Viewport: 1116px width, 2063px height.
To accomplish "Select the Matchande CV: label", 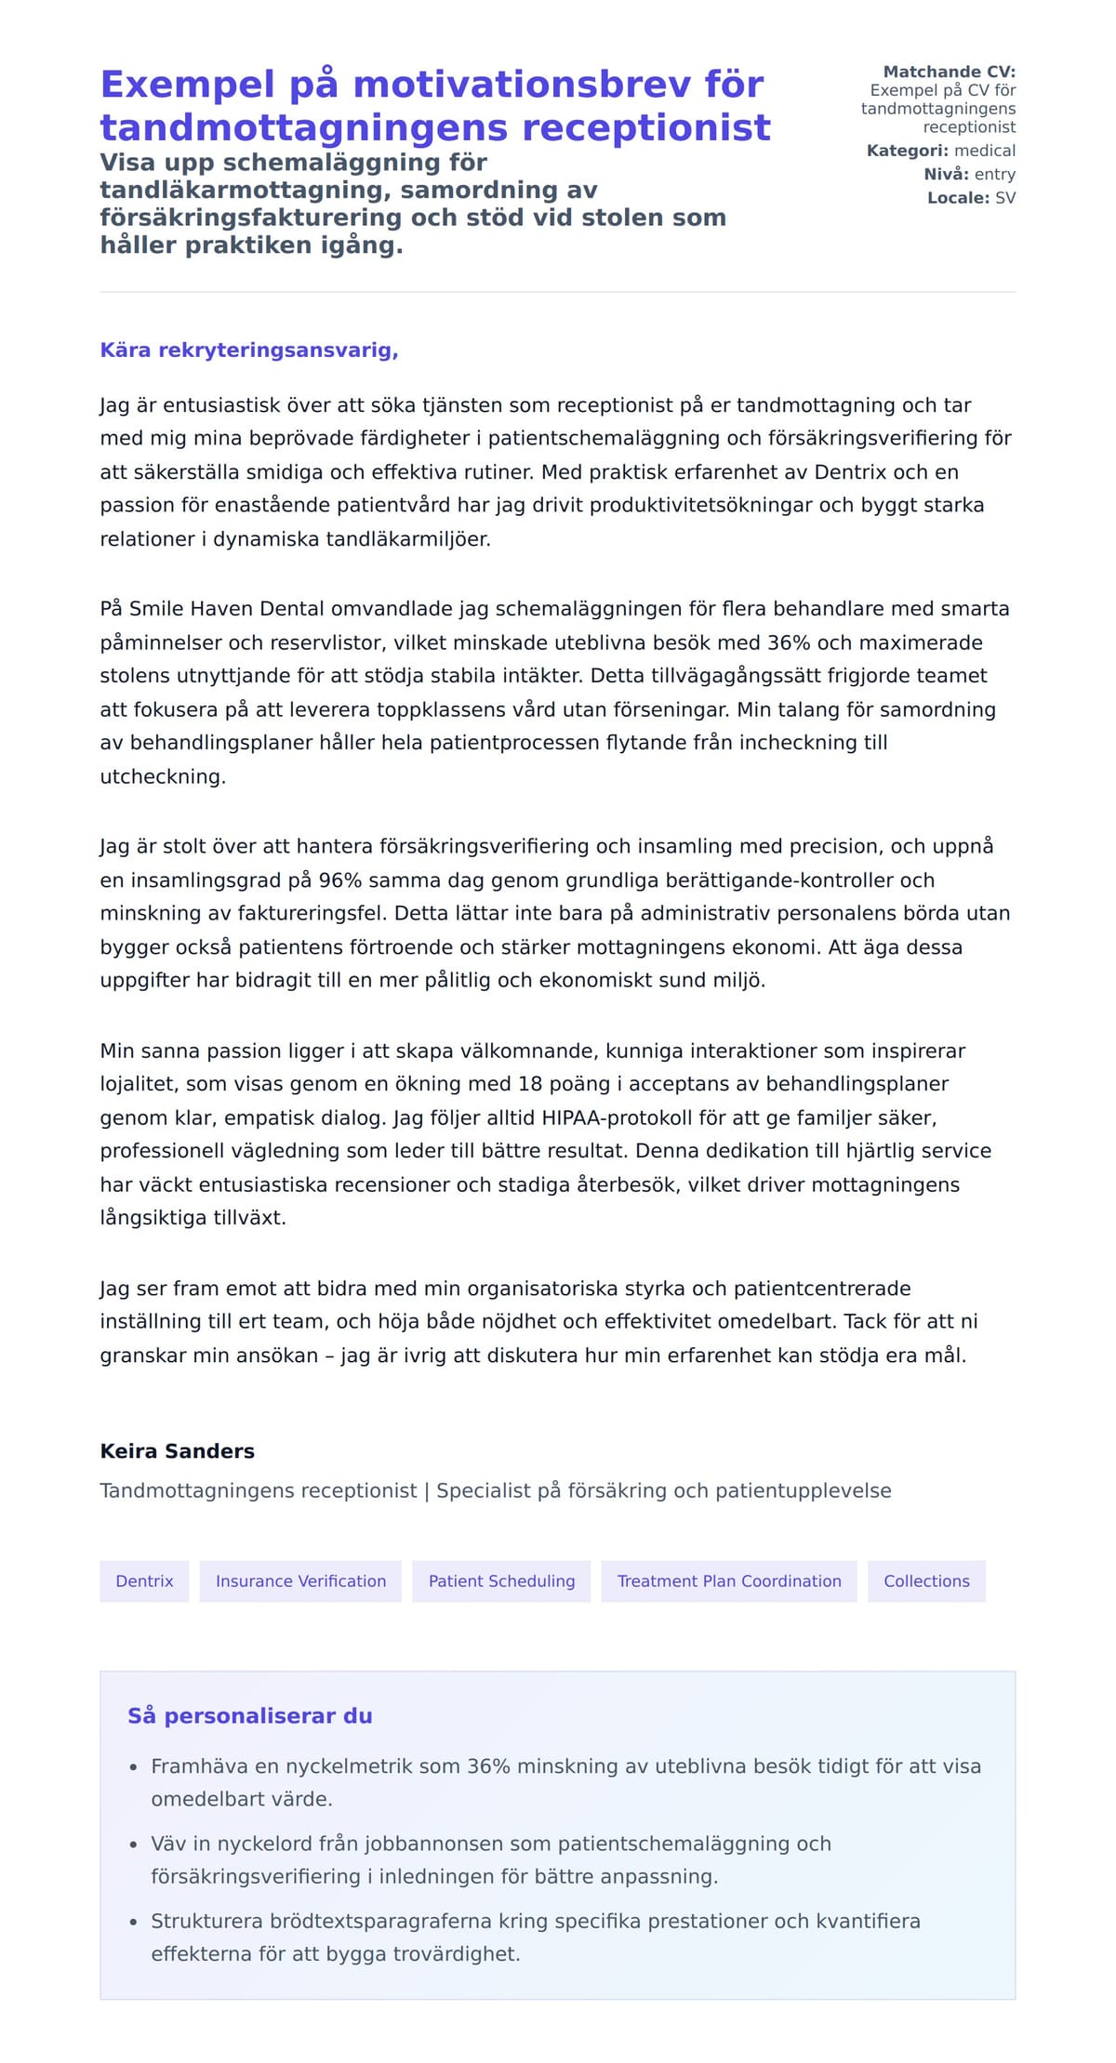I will click(x=949, y=72).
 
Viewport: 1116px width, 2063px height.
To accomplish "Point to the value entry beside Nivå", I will click(x=994, y=175).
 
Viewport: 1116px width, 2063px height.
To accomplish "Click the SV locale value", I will click(x=1004, y=198).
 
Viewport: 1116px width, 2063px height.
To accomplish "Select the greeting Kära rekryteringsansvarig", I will click(x=249, y=350).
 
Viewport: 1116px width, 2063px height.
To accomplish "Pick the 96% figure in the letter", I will click(x=339, y=880).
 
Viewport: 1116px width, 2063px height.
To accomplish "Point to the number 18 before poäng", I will click(x=530, y=1084).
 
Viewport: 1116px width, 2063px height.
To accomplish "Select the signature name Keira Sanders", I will click(x=177, y=1451).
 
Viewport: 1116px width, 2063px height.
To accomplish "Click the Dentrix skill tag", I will click(x=144, y=1581).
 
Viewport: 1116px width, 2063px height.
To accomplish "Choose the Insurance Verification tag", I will click(x=300, y=1581).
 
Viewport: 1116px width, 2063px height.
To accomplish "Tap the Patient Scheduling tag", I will click(x=501, y=1581).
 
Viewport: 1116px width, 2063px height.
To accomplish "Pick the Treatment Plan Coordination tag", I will click(x=729, y=1581).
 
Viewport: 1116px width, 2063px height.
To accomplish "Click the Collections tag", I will click(x=926, y=1581).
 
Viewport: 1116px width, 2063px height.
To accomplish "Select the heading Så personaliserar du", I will click(x=249, y=1716).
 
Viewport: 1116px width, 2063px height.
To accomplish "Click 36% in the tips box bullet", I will click(x=488, y=1766).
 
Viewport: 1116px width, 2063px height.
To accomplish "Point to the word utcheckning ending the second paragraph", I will click(x=162, y=777).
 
